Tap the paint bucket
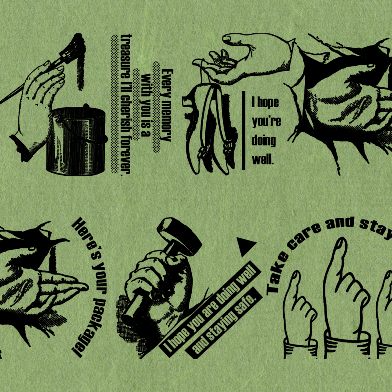pyautogui.click(x=76, y=141)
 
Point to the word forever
pyautogui.click(x=125, y=156)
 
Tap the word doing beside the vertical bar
pyautogui.click(x=264, y=141)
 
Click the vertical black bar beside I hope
pyautogui.click(x=243, y=131)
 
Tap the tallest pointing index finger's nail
pyautogui.click(x=340, y=243)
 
